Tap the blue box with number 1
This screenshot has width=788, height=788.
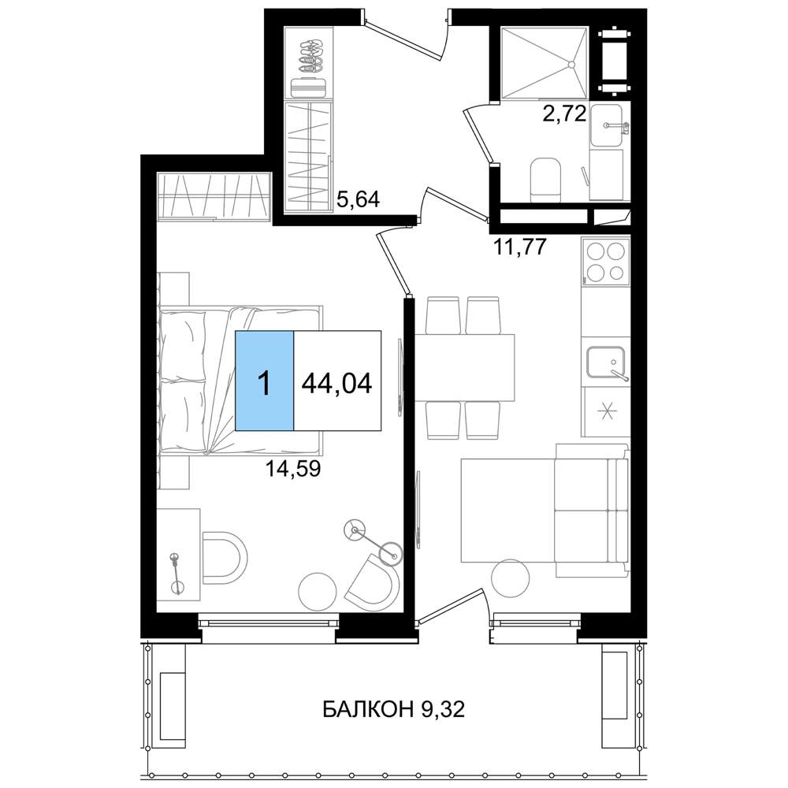tap(264, 381)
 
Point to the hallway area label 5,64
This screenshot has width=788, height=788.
tap(358, 199)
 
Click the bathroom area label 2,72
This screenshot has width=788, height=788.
tap(564, 113)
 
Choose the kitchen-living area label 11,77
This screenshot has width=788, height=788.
tap(521, 247)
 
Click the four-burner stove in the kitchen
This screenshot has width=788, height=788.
tap(606, 262)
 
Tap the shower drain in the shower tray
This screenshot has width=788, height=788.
tap(571, 65)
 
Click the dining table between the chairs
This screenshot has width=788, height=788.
tap(465, 367)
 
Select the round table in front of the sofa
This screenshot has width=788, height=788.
tap(510, 578)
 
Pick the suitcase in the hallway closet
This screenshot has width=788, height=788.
tap(308, 87)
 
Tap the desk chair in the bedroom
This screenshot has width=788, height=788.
tap(225, 557)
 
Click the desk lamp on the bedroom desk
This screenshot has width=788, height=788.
tap(177, 574)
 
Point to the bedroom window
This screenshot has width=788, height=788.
tap(269, 623)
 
